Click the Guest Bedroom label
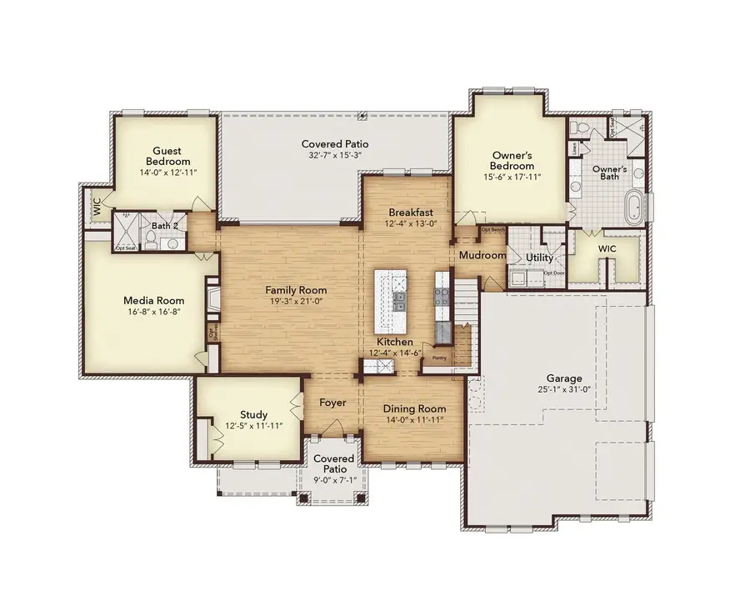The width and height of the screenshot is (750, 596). (x=168, y=156)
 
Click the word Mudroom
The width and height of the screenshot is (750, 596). (x=483, y=256)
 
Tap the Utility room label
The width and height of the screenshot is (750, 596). (x=539, y=258)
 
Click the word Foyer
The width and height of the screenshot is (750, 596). (x=332, y=403)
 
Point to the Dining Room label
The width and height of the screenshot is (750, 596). (x=414, y=408)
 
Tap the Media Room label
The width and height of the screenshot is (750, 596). (x=153, y=300)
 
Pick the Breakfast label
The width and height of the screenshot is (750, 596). (x=408, y=212)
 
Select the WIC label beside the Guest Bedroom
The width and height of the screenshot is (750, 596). (x=97, y=207)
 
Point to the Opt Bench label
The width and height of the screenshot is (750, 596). (x=492, y=229)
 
